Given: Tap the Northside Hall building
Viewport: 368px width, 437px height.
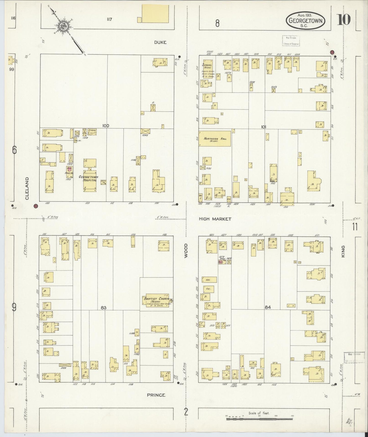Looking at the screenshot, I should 215,139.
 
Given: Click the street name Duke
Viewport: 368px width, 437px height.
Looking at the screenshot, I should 160,42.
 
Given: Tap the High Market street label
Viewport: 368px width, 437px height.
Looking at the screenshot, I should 215,219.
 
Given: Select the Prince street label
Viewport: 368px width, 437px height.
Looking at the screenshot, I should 156,395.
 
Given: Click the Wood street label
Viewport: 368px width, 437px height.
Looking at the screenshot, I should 186,250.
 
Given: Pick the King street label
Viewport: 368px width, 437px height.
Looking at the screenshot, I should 343,251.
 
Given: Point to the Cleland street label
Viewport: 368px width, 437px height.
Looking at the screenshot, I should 27,188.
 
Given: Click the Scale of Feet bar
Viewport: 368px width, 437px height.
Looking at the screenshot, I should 259,419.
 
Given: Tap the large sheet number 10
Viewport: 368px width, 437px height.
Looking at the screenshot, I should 344,20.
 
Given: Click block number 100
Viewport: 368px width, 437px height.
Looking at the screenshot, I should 106,126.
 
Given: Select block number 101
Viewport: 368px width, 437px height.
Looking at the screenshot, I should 263,127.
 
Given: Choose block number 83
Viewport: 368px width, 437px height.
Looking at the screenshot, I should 103,308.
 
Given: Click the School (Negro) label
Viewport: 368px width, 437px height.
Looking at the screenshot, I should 207,65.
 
